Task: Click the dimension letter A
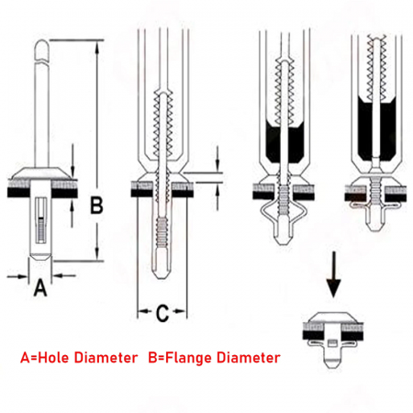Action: (x=40, y=288)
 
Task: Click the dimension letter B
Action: (x=96, y=205)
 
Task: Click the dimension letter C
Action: (x=162, y=313)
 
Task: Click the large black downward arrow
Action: (x=333, y=274)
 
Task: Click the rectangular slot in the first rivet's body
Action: (x=41, y=220)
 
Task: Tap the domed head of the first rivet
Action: (x=41, y=173)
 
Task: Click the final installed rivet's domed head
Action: (x=332, y=318)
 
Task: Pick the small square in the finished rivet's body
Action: (x=331, y=342)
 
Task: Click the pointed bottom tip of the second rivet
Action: (x=162, y=277)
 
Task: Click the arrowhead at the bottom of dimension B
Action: (x=96, y=253)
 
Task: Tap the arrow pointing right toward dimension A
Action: (x=17, y=276)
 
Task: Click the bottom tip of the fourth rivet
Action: (x=375, y=229)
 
